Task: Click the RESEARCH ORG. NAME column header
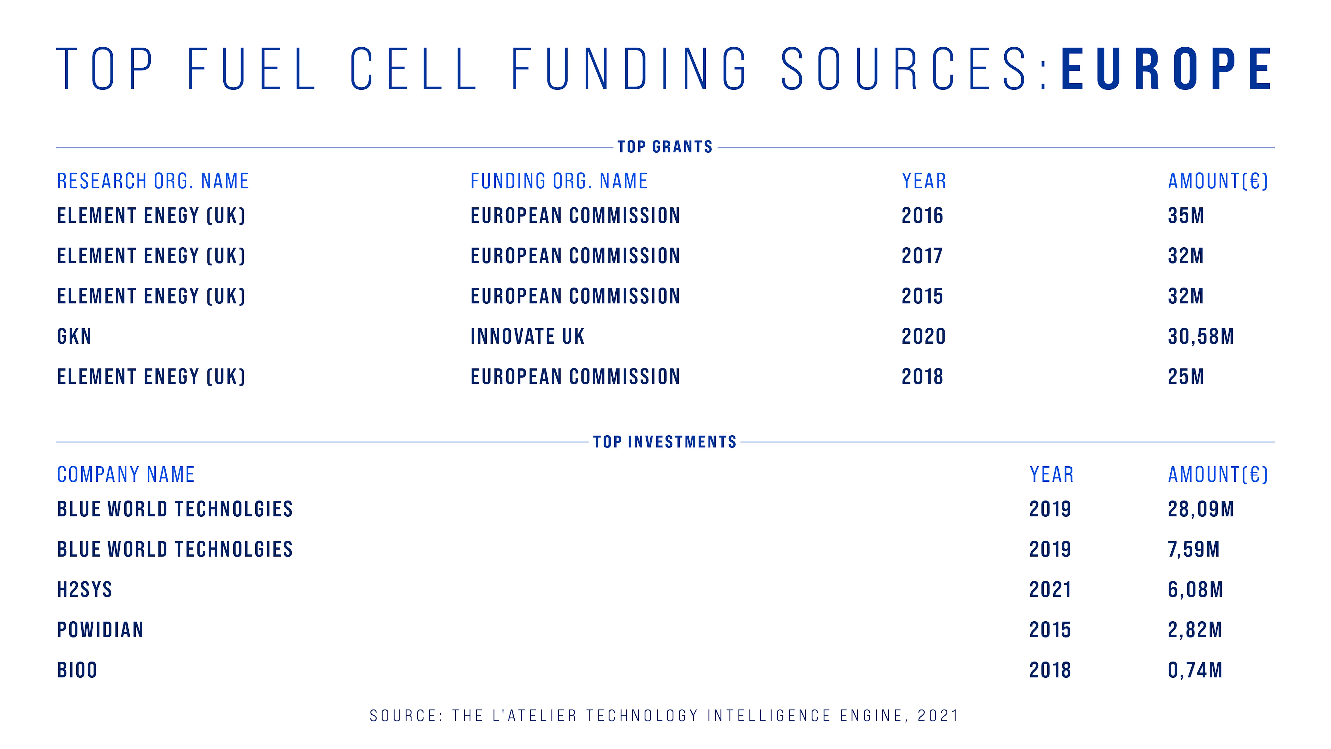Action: [x=153, y=181]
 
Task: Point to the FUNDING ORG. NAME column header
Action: [x=559, y=181]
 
